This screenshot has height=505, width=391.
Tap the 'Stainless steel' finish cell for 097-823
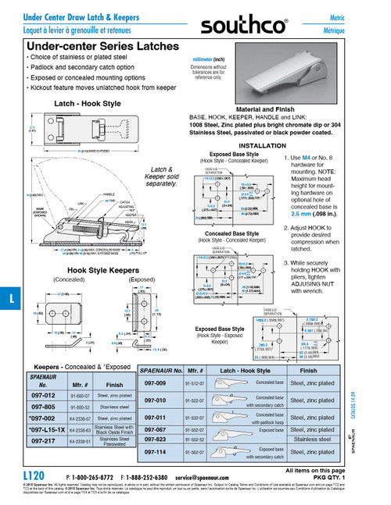[x=321, y=439]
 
